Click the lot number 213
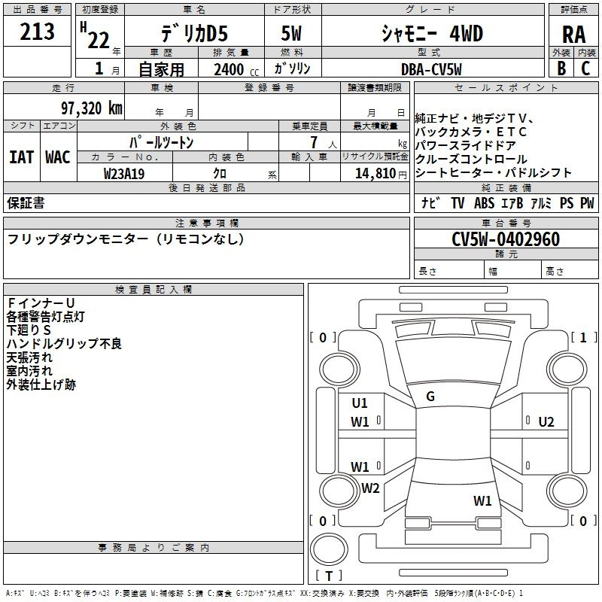coord(37,32)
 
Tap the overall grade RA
coord(573,35)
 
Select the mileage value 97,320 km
coord(92,108)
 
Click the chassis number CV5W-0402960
coord(506,239)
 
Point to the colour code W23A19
coord(124,174)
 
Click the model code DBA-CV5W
coord(431,69)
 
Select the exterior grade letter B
coord(561,68)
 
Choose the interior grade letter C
coord(585,68)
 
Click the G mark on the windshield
coord(430,397)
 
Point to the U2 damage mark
coord(546,422)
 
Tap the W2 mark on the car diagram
coord(370,488)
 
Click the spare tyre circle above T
coord(329,549)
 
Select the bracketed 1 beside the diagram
coord(583,337)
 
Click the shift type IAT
coord(21,157)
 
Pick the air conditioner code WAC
coord(58,157)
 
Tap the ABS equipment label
coord(484,202)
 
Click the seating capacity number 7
coord(314,142)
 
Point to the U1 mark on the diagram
coord(360,403)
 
